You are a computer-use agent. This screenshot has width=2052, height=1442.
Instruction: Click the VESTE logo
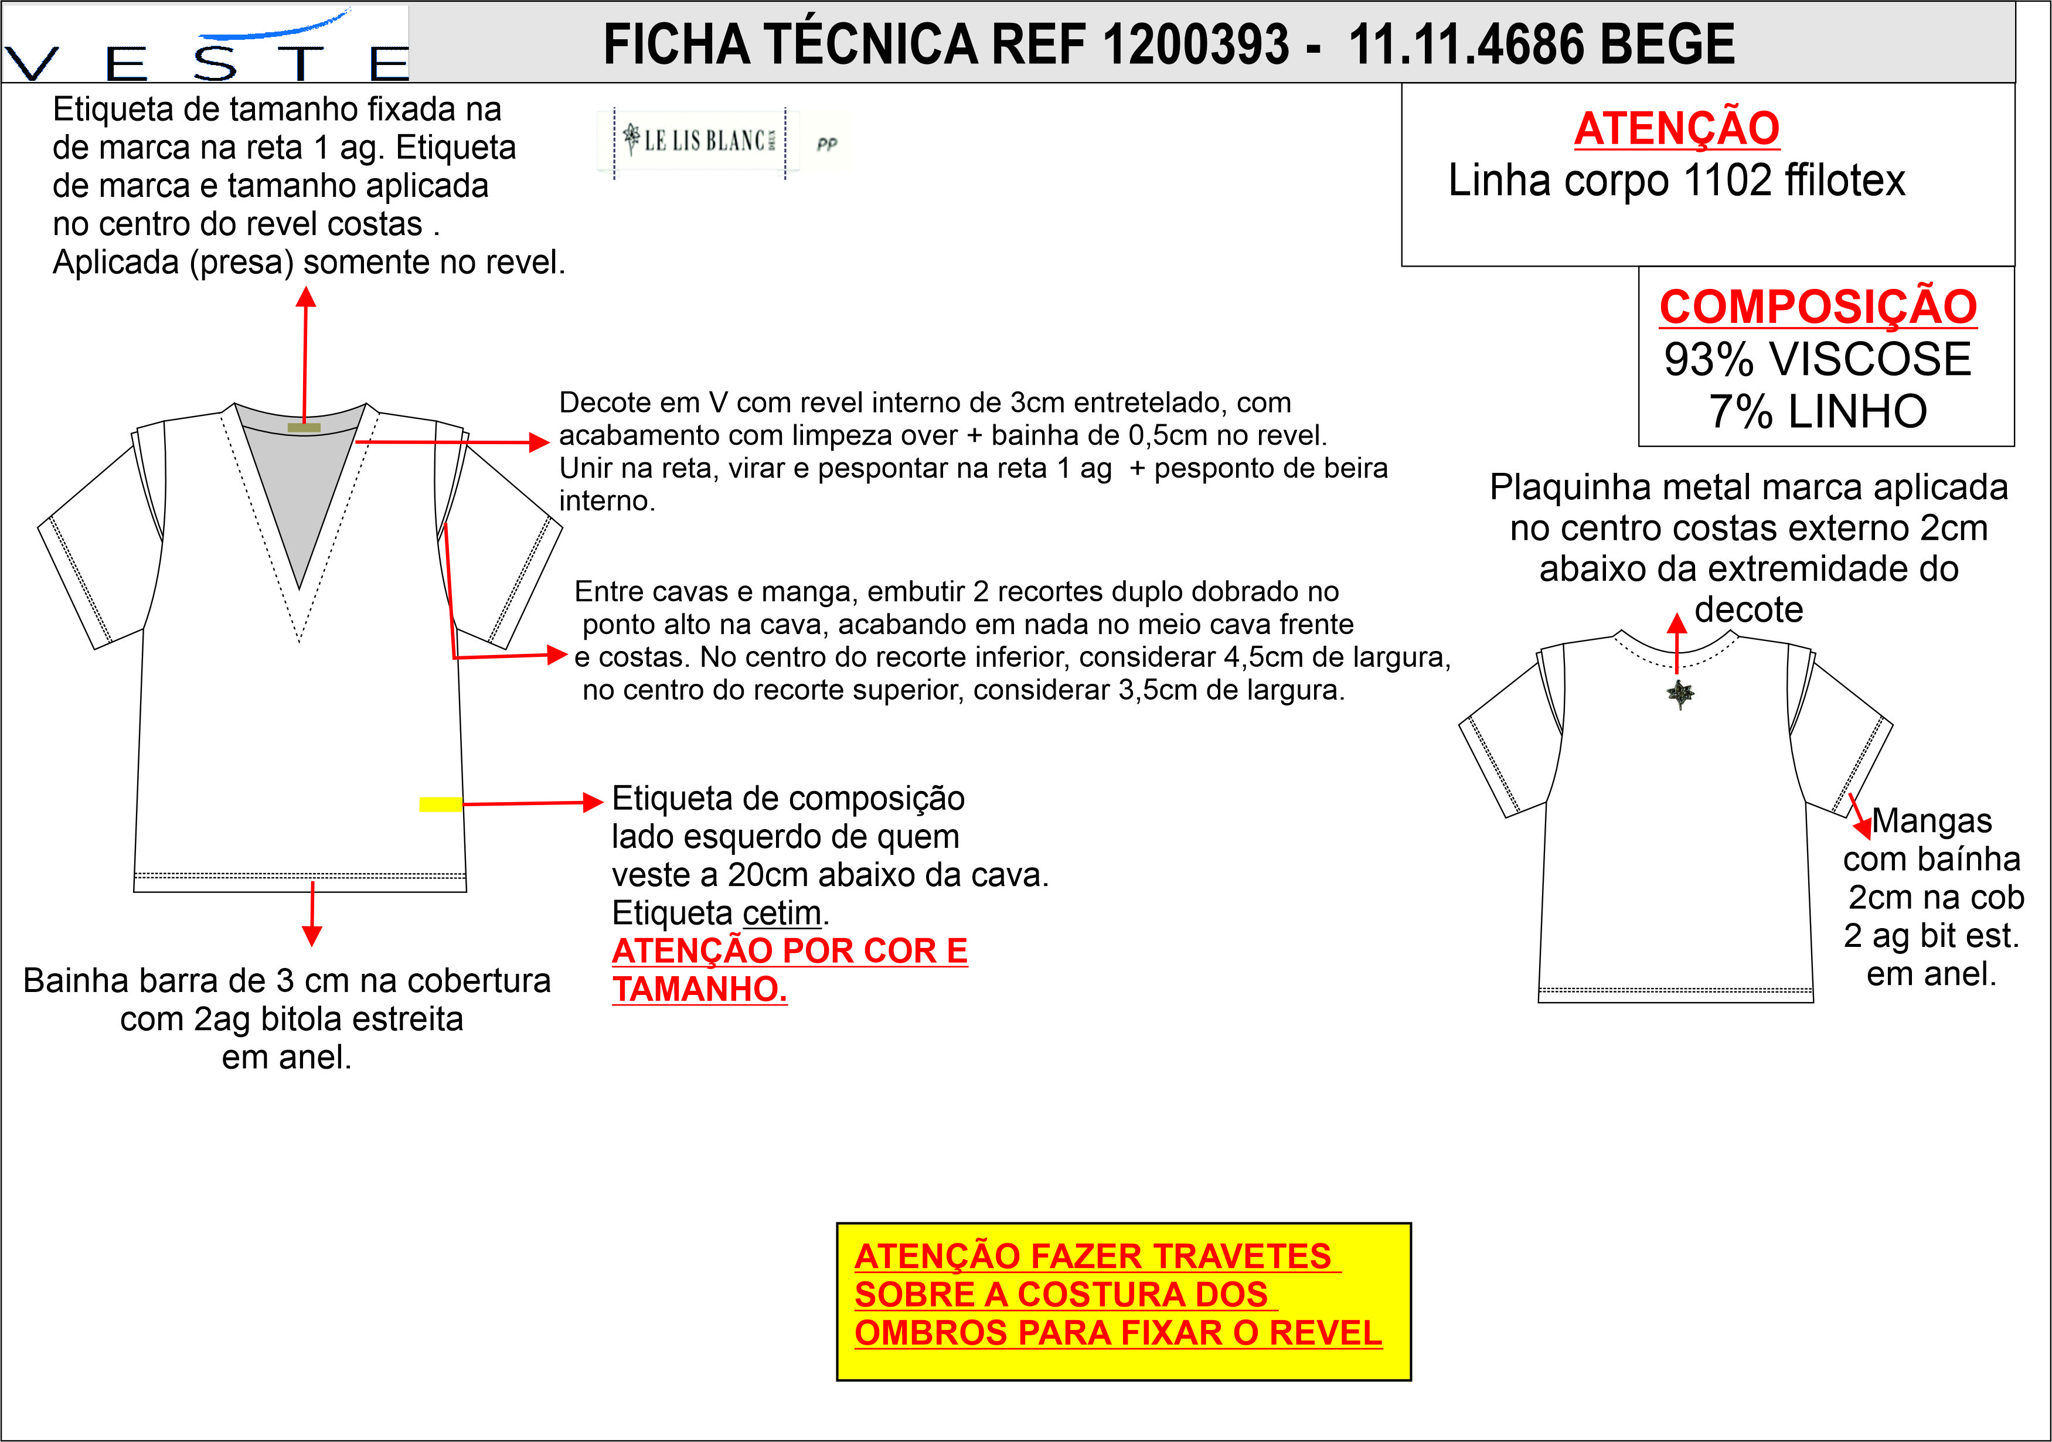206,45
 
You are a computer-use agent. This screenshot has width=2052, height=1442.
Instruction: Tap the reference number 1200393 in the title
1196,45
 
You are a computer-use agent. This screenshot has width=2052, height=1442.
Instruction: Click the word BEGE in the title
1667,45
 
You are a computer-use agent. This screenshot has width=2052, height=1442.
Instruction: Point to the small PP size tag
826,143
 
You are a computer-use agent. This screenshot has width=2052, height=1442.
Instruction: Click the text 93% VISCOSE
1818,359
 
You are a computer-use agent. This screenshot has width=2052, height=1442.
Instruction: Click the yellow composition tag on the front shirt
441,804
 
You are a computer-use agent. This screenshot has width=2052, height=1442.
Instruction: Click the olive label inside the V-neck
304,428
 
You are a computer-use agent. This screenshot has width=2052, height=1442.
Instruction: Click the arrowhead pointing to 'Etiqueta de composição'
593,802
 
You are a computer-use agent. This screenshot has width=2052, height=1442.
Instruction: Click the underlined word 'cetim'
782,913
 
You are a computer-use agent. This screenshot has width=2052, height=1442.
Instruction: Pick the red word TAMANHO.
700,989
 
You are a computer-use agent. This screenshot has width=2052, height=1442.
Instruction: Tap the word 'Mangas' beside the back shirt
1932,820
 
